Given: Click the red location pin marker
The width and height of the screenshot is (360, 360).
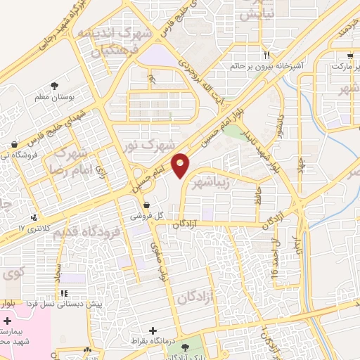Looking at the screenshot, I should tap(181, 165).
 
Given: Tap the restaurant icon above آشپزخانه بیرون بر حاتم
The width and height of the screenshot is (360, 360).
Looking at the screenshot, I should tap(266, 55).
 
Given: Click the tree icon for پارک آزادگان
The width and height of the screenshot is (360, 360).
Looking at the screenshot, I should tap(184, 348).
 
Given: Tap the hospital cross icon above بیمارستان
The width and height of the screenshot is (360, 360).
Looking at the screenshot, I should tap(7, 320).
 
